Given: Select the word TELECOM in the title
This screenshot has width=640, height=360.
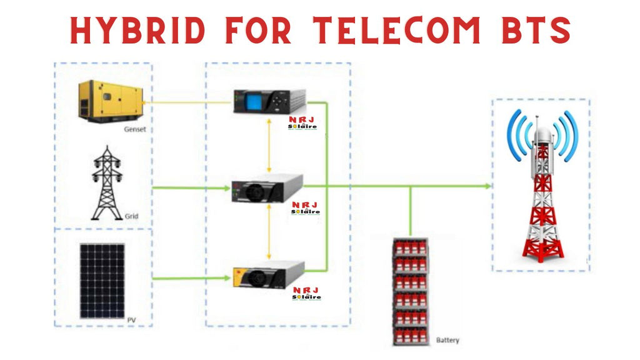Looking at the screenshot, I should (396, 29).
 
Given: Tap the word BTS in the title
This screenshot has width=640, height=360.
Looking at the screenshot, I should (532, 29).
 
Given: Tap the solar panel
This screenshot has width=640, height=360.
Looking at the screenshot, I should (102, 281).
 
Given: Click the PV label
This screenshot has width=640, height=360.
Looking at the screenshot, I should (131, 320).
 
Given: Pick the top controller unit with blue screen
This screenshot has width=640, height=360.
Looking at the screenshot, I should (269, 102).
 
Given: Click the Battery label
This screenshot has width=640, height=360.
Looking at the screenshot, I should (447, 341).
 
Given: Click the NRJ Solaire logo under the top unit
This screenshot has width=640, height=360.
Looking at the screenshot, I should (302, 123).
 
